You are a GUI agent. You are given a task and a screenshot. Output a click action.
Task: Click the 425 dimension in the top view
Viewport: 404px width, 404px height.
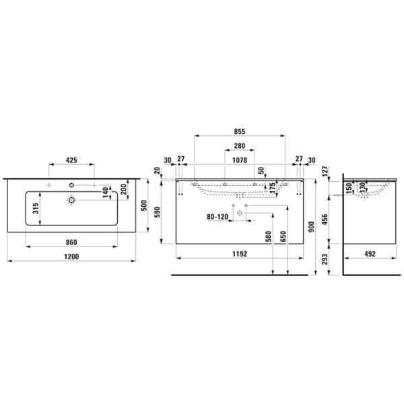click(x=72, y=161)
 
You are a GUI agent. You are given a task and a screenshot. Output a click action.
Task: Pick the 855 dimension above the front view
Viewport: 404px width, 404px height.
click(x=240, y=133)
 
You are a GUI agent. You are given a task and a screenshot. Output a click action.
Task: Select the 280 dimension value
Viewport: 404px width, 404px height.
click(x=240, y=146)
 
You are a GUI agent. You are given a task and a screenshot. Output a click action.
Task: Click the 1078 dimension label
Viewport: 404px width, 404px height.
click(x=240, y=161)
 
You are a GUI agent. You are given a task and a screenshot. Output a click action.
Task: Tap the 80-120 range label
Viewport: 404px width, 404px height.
click(x=217, y=217)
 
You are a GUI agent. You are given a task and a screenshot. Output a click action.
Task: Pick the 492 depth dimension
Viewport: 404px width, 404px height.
click(x=368, y=255)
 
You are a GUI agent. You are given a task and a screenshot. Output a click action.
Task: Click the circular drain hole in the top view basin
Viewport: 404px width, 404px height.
click(x=71, y=200)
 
